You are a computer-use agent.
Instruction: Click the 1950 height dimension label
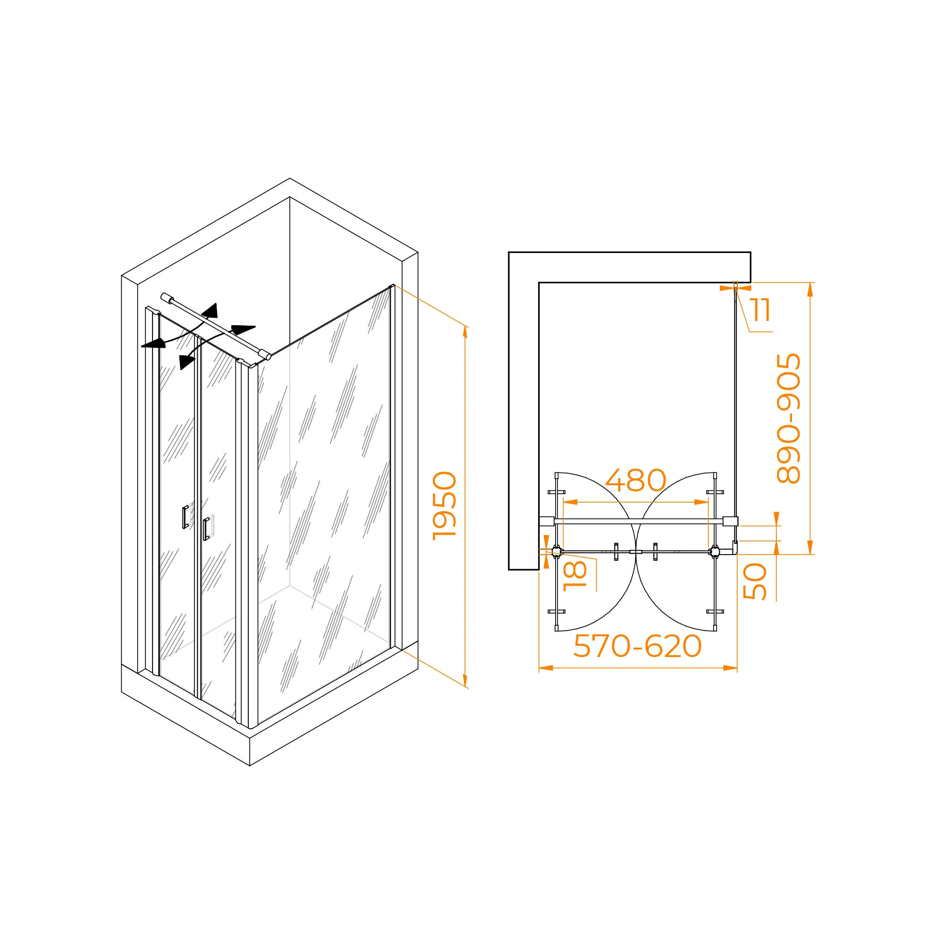point(445,506)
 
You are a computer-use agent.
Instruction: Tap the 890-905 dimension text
point(789,418)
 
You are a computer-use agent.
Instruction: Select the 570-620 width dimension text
point(638,646)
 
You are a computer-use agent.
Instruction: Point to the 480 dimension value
point(636,481)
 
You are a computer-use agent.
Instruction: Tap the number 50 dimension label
point(755,582)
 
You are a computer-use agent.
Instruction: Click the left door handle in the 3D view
point(185,517)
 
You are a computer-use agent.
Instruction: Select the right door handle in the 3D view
point(206,529)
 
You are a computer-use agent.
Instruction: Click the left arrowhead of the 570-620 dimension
point(546,668)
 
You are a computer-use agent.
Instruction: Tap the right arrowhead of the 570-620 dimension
point(730,668)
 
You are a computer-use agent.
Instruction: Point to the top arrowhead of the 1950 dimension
point(465,332)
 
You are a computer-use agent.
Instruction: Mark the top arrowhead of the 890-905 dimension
point(810,290)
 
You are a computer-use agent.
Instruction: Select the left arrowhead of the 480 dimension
point(570,502)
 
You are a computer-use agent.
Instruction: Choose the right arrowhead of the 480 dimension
point(701,502)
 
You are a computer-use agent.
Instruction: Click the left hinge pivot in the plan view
point(556,552)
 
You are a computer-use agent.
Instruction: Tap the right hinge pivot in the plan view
point(715,552)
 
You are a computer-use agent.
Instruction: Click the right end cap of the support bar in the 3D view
point(265,355)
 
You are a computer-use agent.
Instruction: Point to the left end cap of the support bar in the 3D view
point(167,297)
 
